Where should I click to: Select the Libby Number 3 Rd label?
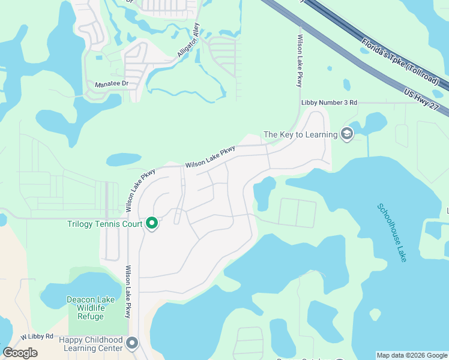[x=329, y=103]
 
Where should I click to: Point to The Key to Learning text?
[x=301, y=134]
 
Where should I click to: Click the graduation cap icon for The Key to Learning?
[x=346, y=134]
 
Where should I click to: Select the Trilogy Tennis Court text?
[x=104, y=224]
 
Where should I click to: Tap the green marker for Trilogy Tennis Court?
[x=152, y=224]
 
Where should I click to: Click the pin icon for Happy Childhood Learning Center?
[x=132, y=344]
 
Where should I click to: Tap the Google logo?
[x=20, y=353]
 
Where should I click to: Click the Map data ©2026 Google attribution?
[x=412, y=355]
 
